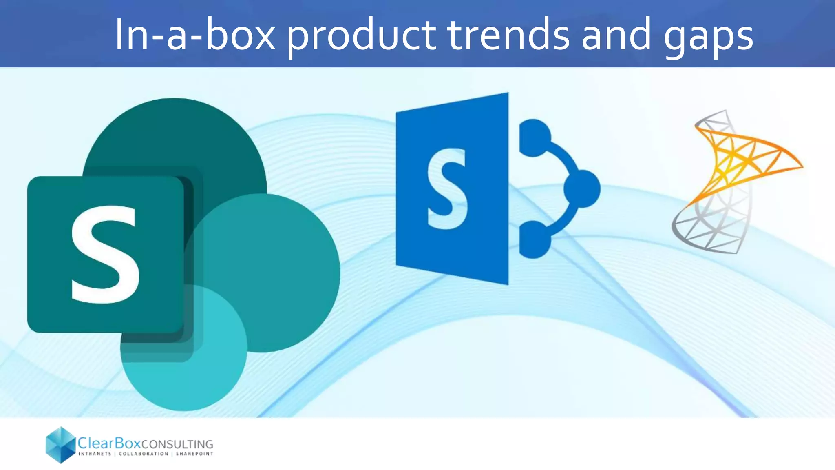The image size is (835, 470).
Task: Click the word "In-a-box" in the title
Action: pyautogui.click(x=195, y=35)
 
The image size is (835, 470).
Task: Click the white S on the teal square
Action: pyautogui.click(x=105, y=255)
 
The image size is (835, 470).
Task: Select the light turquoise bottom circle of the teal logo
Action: pyautogui.click(x=183, y=379)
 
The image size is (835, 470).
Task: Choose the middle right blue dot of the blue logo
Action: pyautogui.click(x=582, y=188)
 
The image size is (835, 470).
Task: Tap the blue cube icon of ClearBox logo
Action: pyautogui.click(x=61, y=445)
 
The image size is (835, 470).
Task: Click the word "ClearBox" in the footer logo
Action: pyautogui.click(x=109, y=443)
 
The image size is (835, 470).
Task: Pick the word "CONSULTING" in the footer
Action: pyautogui.click(x=177, y=444)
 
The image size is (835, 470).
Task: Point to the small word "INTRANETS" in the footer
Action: pyautogui.click(x=95, y=454)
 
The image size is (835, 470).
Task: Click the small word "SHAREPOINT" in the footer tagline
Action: pyautogui.click(x=194, y=454)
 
